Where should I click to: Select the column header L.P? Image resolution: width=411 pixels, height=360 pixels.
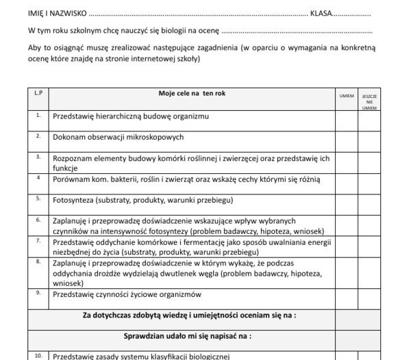point(38,92)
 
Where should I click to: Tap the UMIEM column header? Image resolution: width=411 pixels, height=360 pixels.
point(347,96)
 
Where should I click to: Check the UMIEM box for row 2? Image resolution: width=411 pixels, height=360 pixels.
point(347,138)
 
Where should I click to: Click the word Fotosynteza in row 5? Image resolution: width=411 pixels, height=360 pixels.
point(72,201)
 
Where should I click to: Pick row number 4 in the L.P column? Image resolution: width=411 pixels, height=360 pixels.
point(38,177)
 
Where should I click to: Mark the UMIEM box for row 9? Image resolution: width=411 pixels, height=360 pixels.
point(347,295)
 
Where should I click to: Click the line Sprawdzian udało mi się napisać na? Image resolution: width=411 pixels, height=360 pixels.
point(187,336)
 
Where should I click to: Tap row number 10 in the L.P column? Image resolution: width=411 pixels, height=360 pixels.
point(38,355)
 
